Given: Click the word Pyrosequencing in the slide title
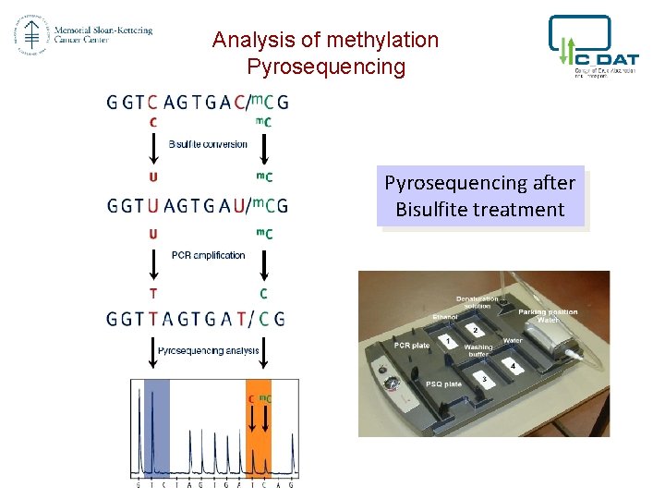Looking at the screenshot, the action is (x=326, y=67).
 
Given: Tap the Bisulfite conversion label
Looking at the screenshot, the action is (x=208, y=144).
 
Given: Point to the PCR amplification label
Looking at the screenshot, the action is (x=208, y=255).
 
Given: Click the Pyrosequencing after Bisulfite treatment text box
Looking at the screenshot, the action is (x=479, y=196).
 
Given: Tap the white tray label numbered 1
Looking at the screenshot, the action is (x=448, y=341).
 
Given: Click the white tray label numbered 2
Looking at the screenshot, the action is (x=476, y=330).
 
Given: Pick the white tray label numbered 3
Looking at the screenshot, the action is (x=485, y=379).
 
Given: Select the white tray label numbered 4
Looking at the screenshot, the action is (x=514, y=366).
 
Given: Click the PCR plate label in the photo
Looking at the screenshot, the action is (x=412, y=345).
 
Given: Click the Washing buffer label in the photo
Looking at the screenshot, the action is (x=478, y=351).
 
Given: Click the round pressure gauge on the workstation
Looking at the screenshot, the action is (x=393, y=383).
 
